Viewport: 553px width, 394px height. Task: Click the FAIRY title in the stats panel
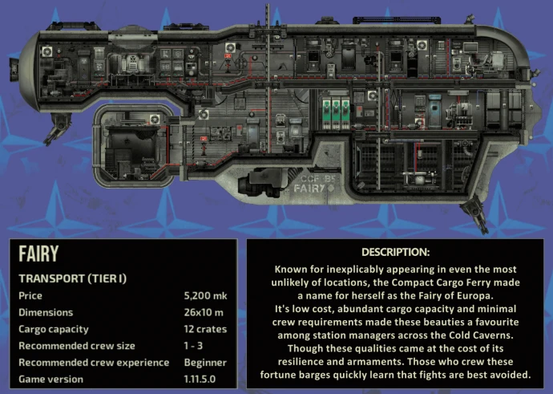click(39, 254)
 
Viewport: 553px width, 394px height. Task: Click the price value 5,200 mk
click(205, 296)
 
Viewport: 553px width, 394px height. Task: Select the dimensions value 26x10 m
click(204, 312)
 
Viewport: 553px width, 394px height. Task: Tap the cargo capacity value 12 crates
click(205, 329)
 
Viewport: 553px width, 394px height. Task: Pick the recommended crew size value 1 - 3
click(195, 346)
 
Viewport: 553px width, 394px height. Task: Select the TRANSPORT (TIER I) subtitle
click(73, 278)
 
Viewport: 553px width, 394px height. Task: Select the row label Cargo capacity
click(53, 329)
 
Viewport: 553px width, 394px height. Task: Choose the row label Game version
click(50, 379)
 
